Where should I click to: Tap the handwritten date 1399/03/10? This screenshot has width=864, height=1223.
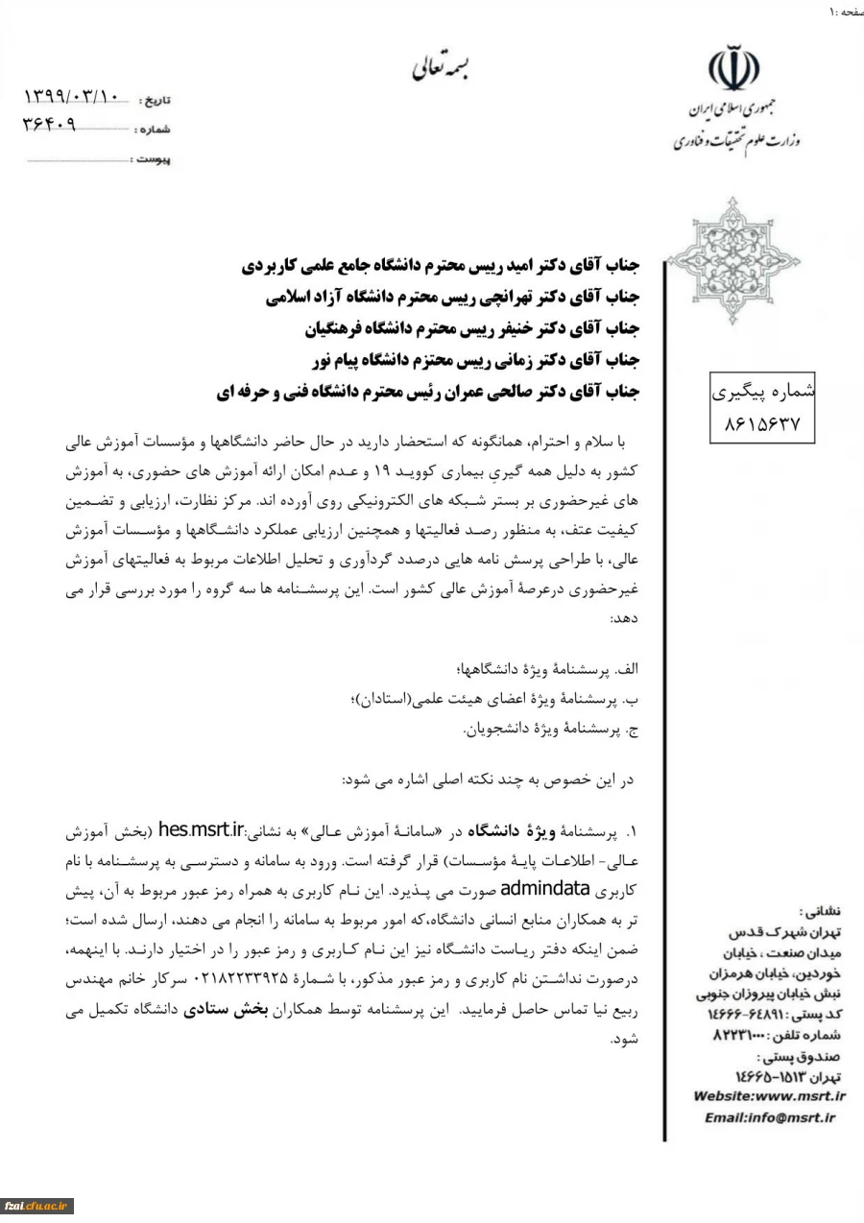click(x=72, y=97)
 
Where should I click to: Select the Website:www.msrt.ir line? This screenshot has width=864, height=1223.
click(x=769, y=1095)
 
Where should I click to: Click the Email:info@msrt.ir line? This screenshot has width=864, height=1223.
click(x=769, y=1117)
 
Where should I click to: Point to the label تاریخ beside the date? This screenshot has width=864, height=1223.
click(x=155, y=100)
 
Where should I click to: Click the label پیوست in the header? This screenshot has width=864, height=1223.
click(x=153, y=159)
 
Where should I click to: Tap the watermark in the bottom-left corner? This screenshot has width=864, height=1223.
click(x=36, y=1206)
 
